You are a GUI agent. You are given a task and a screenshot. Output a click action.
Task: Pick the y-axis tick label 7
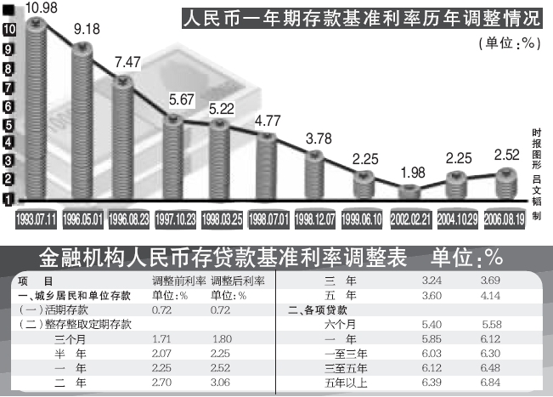pyautogui.click(x=8, y=88)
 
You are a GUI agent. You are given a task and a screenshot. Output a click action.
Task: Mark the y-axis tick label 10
pyautogui.click(x=8, y=29)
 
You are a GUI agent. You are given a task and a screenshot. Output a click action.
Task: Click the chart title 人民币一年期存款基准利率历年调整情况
pyautogui.click(x=361, y=18)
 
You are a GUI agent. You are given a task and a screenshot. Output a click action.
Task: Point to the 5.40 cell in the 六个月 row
pyautogui.click(x=434, y=325)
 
